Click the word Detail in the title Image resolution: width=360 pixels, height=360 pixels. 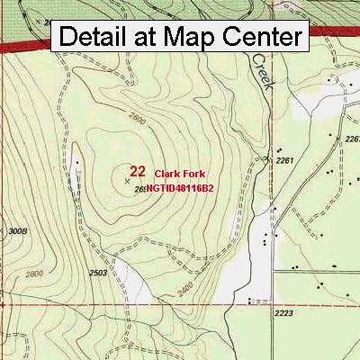coord(97,37)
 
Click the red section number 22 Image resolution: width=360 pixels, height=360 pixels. coord(138,170)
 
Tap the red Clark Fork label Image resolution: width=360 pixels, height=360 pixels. coord(180,173)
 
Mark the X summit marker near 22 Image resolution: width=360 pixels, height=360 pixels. coord(126,181)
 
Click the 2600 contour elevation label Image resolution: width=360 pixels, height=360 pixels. coord(137,118)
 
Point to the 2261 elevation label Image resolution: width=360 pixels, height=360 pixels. coord(285,160)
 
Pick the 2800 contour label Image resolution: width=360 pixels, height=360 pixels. coord(35,274)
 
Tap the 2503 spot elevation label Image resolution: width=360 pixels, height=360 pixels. coord(99,272)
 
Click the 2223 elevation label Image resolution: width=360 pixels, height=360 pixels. coord(284,312)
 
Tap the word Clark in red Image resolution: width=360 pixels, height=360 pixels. coord(167,173)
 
